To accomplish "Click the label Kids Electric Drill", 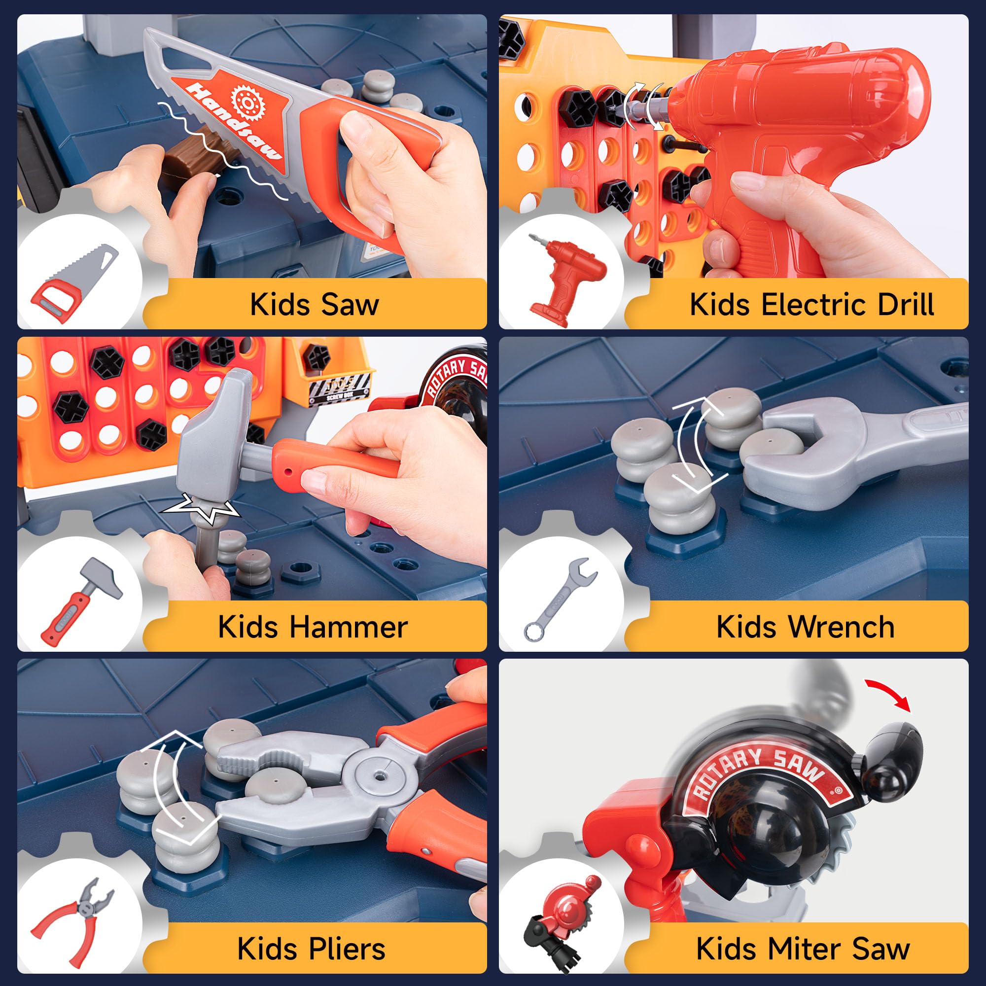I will click(811, 305).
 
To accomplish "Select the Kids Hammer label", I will click(313, 627).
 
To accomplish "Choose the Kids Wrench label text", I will click(806, 627).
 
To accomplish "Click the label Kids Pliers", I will click(311, 949).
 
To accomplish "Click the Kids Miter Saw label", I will click(803, 949).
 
